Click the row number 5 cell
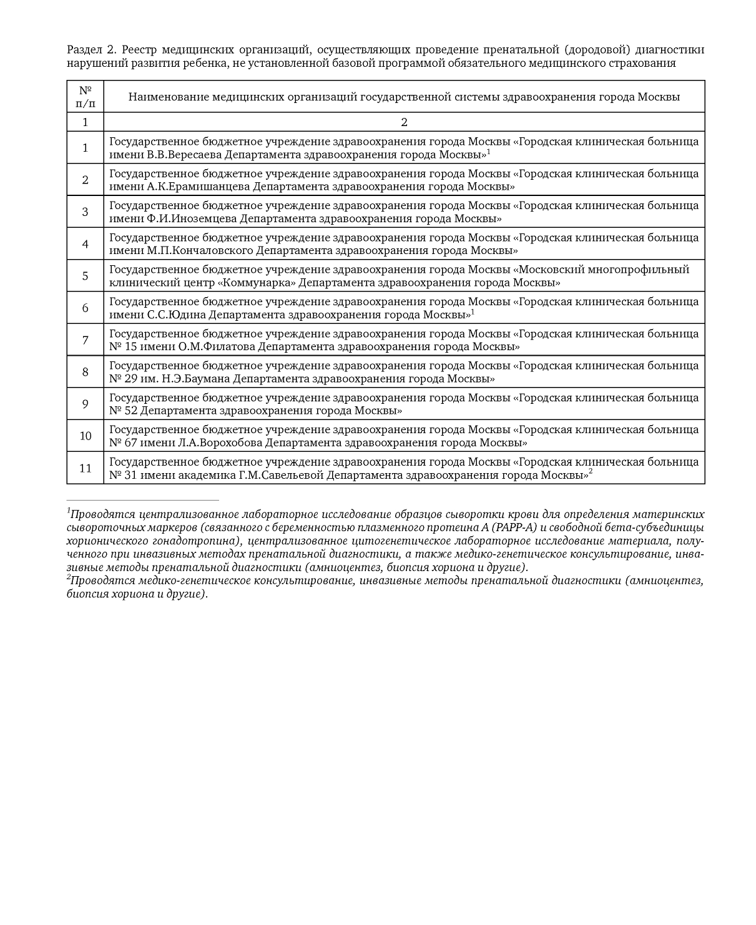pyautogui.click(x=86, y=276)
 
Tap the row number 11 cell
pyautogui.click(x=86, y=468)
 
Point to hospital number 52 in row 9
pyautogui.click(x=129, y=411)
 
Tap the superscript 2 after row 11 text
pyautogui.click(x=590, y=472)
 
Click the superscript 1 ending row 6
pyautogui.click(x=473, y=311)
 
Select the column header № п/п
pyautogui.click(x=86, y=97)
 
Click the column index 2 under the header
pyautogui.click(x=404, y=122)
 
